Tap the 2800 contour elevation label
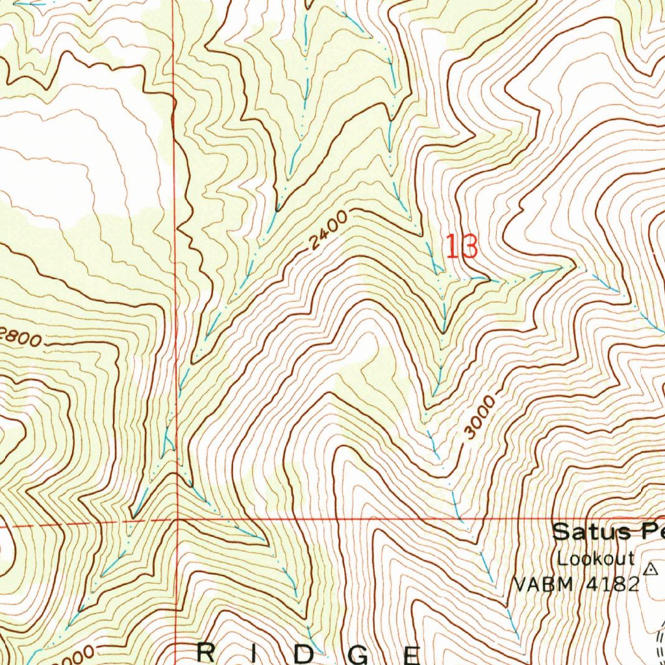[x=21, y=338]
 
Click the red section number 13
[x=462, y=247]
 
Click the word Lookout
[x=595, y=558]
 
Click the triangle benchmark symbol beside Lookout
[x=649, y=569]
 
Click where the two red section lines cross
[x=176, y=520]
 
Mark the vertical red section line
[x=175, y=260]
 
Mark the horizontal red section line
[x=390, y=520]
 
